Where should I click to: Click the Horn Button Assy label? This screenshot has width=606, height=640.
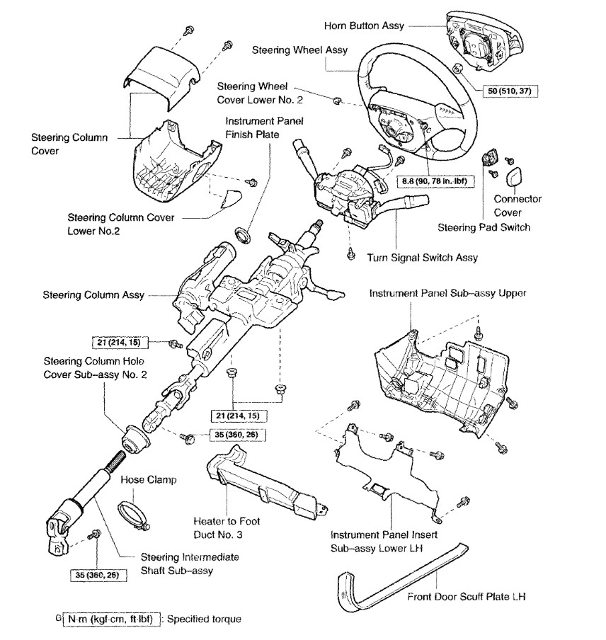[364, 25]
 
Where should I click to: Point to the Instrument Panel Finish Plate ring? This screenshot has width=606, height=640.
[243, 232]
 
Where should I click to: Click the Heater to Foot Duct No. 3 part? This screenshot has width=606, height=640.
[262, 486]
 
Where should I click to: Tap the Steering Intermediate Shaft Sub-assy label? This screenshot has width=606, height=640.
[179, 564]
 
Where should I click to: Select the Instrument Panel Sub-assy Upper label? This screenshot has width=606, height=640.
[447, 292]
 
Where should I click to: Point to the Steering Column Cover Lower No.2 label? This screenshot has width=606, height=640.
[122, 223]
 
